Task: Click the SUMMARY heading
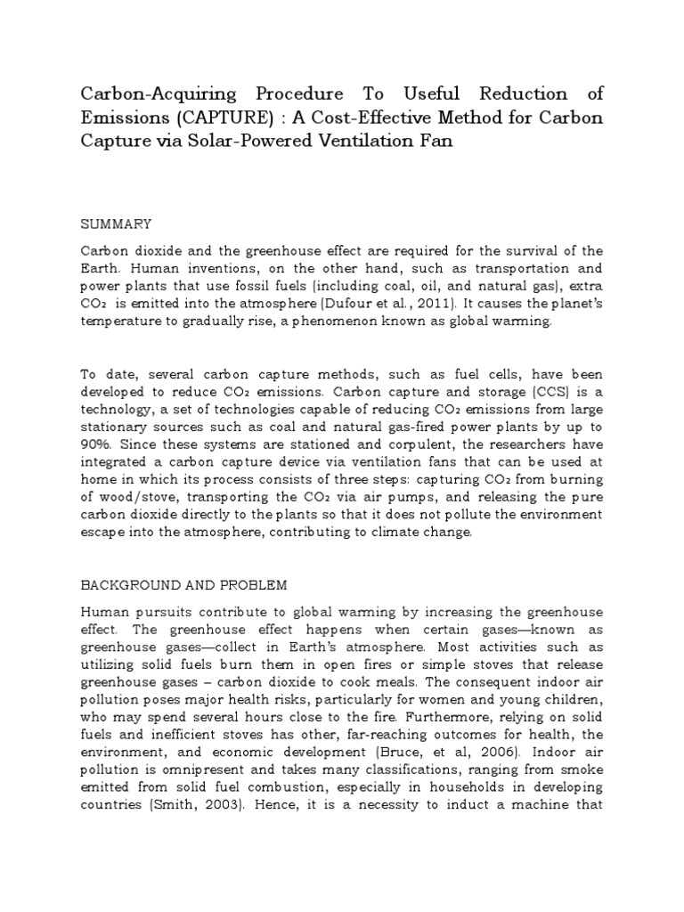pos(117,223)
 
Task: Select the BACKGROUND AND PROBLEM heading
pos(184,585)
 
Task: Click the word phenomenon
pos(351,322)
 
